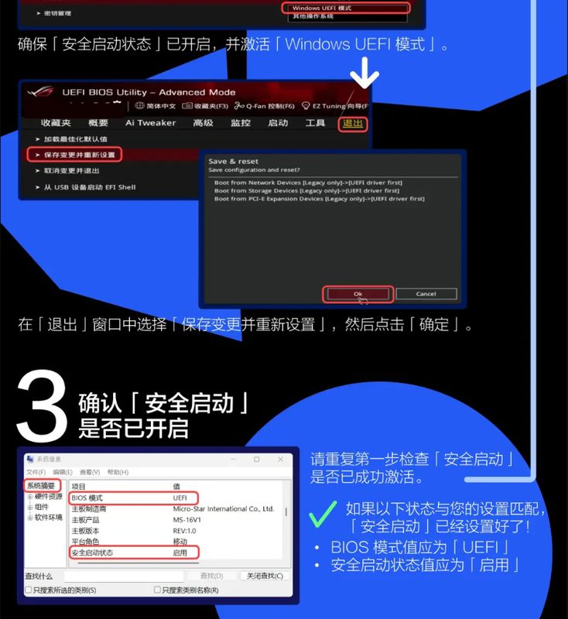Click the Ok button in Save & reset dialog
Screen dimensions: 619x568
click(x=358, y=294)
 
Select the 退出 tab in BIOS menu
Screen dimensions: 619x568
click(x=353, y=123)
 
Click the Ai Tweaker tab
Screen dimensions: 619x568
click(x=151, y=123)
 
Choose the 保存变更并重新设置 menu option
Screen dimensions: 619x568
click(x=80, y=155)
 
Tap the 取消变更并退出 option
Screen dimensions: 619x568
click(x=71, y=171)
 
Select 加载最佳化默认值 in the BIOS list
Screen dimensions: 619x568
click(x=75, y=139)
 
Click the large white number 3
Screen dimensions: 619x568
click(x=43, y=406)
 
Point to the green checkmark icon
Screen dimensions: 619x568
click(x=323, y=512)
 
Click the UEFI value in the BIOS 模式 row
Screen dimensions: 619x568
click(x=180, y=498)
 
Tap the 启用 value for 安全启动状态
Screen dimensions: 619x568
click(x=180, y=553)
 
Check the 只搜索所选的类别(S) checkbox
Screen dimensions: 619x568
click(x=29, y=590)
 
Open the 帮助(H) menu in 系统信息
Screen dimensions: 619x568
click(x=118, y=472)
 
